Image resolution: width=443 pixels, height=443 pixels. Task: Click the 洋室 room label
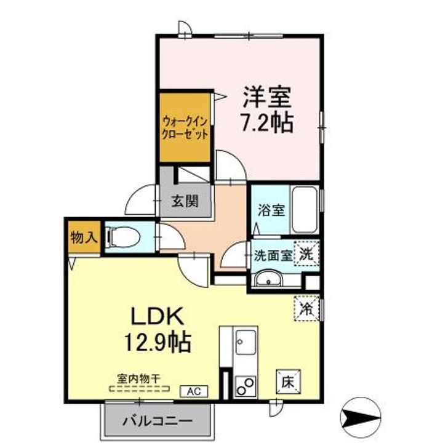coord(266,97)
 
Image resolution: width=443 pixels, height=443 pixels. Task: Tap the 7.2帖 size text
coord(265,122)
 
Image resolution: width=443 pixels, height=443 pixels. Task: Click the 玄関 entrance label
coord(184,201)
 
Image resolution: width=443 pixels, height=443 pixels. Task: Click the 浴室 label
coord(270,209)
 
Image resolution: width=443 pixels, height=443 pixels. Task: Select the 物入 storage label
coord(84,237)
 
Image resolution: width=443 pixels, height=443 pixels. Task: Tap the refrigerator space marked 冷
coord(306,307)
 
